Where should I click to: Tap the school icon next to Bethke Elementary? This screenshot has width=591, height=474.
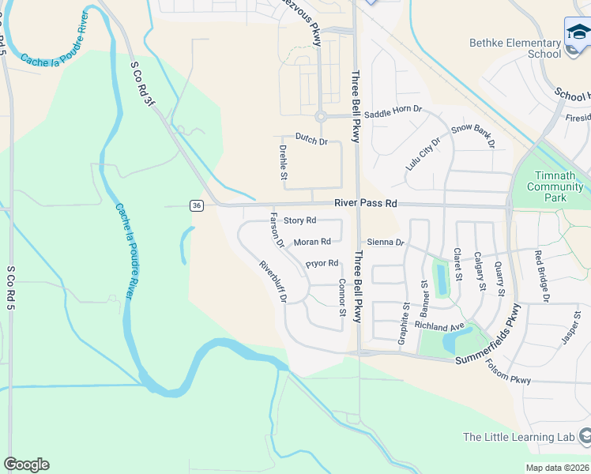pyautogui.click(x=578, y=32)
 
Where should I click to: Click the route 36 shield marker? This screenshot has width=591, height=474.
pyautogui.click(x=196, y=205)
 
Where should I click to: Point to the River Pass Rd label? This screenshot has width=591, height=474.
pyautogui.click(x=365, y=203)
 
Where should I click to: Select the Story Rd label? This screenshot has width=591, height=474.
pyautogui.click(x=299, y=220)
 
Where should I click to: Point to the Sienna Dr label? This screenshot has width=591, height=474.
pyautogui.click(x=385, y=242)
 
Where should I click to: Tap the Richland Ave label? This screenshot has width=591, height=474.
pyautogui.click(x=439, y=326)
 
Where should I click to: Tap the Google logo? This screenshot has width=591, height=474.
pyautogui.click(x=26, y=464)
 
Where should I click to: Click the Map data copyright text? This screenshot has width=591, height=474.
pyautogui.click(x=557, y=468)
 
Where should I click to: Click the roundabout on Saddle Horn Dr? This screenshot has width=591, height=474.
pyautogui.click(x=321, y=117)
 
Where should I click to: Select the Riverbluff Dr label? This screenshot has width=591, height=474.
pyautogui.click(x=273, y=281)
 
